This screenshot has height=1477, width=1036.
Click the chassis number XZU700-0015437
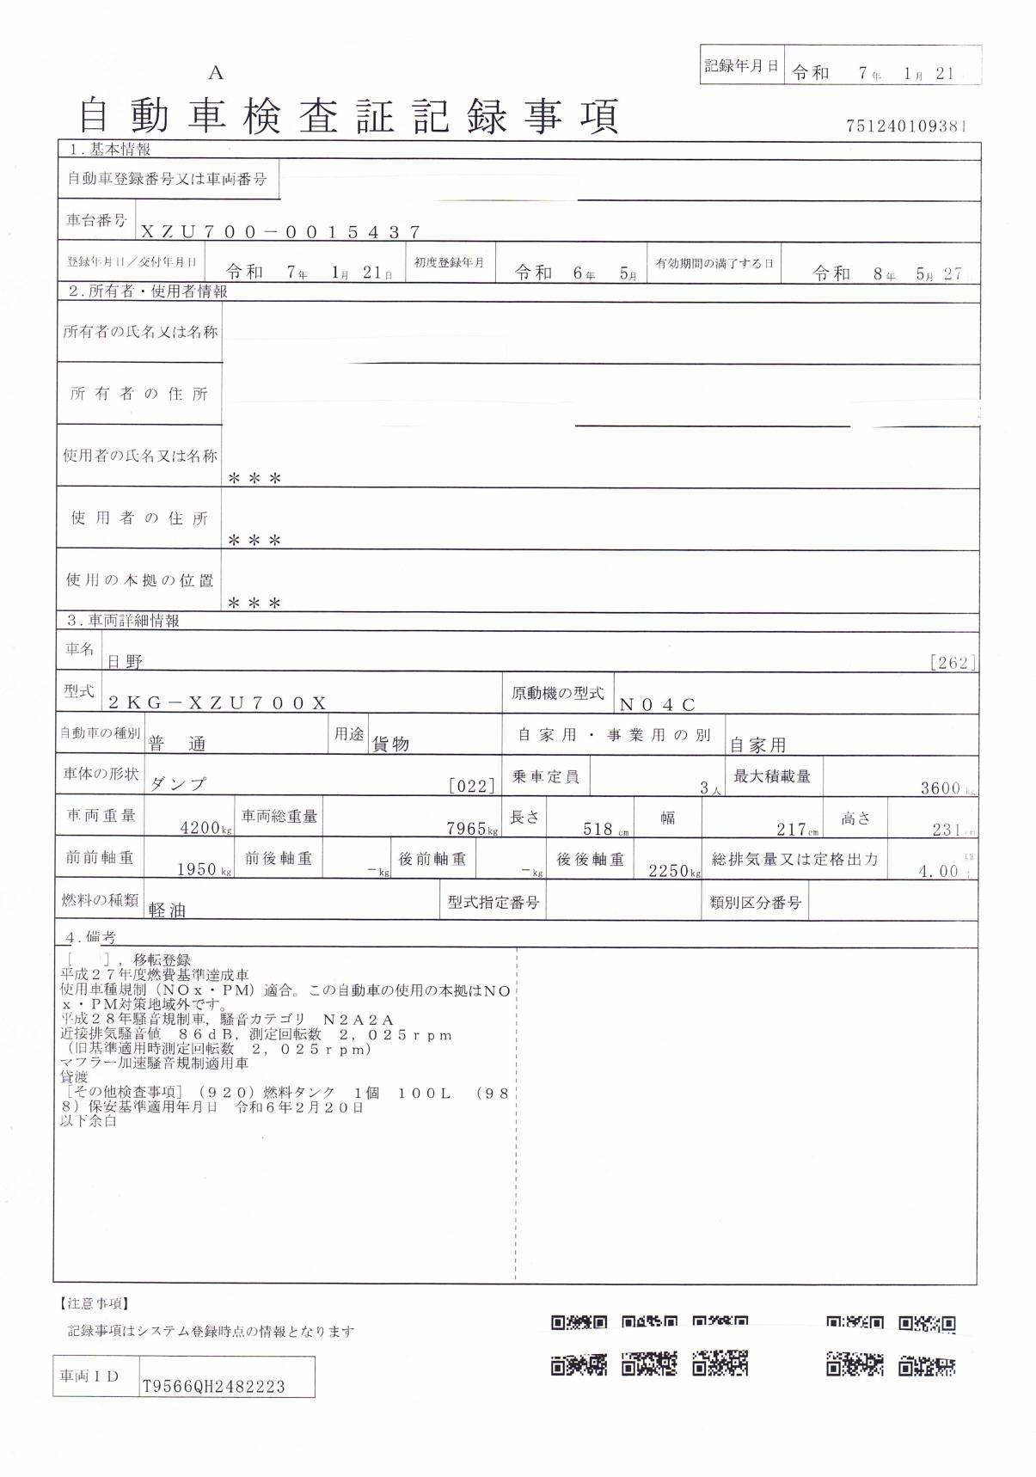pos(280,231)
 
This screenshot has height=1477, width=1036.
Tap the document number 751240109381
pos(907,126)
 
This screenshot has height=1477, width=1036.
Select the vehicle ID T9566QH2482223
pos(213,1387)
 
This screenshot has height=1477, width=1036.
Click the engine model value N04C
pos(657,705)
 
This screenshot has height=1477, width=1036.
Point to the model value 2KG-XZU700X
pos(217,702)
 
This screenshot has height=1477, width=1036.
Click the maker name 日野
pos(125,662)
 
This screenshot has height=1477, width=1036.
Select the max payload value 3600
pos(940,788)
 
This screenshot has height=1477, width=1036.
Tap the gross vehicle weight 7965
pos(467,829)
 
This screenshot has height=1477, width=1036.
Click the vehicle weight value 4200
pos(199,829)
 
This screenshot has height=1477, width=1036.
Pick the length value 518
pos(597,829)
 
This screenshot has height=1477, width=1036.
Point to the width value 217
pos(790,829)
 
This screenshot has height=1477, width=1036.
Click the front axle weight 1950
pos(196,869)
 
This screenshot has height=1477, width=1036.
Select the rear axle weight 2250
pos(668,870)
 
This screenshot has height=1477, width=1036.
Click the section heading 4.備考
pos(91,937)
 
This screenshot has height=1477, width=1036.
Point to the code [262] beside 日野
pos(953,662)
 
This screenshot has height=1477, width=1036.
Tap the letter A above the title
pos(216,74)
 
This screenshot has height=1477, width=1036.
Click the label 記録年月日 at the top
pos(741,65)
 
